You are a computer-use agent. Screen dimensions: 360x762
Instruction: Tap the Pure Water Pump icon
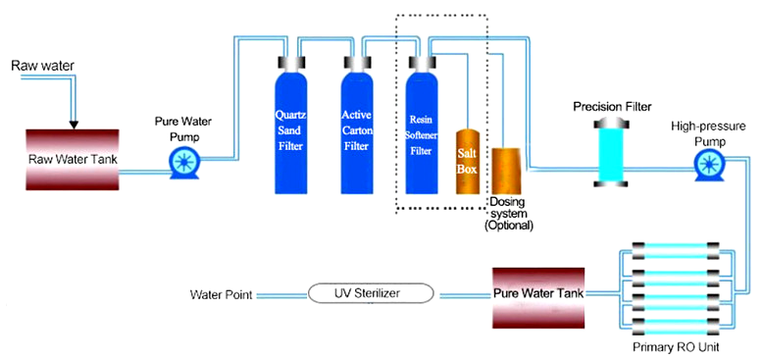click(x=182, y=163)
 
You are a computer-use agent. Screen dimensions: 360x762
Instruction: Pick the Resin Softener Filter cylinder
click(x=421, y=131)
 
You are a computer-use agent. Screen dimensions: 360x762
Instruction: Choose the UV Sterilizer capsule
click(x=372, y=293)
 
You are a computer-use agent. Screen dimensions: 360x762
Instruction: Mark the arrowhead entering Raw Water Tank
click(x=74, y=124)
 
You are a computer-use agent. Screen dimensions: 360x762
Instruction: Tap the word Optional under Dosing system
click(x=508, y=226)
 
